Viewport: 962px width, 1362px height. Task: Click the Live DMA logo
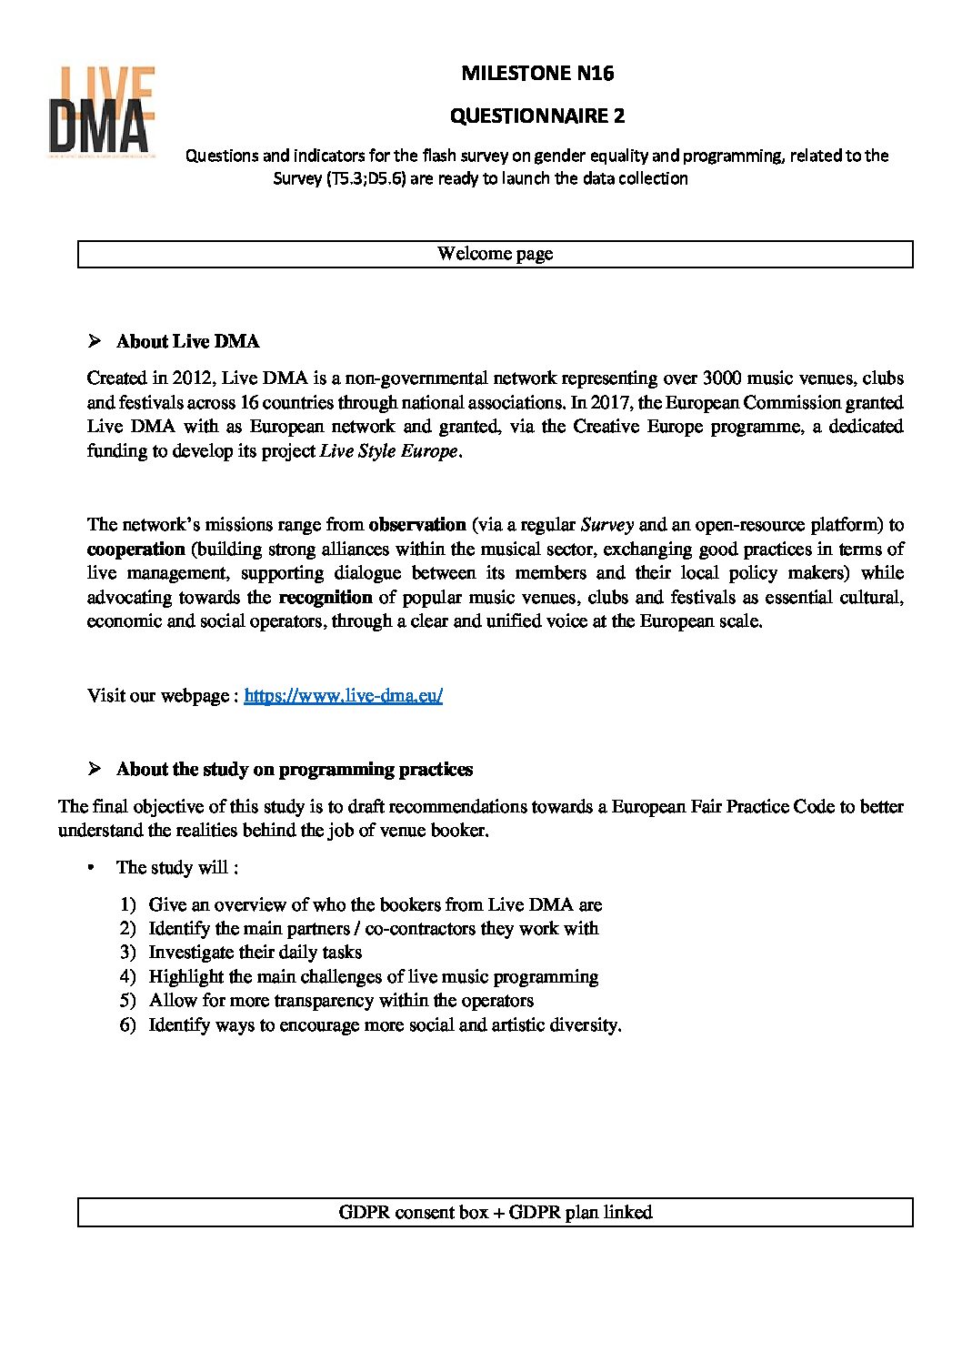tap(101, 110)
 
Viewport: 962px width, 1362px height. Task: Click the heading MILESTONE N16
tap(537, 73)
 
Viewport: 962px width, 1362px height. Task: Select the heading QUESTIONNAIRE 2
tap(537, 116)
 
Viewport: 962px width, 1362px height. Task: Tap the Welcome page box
tap(495, 254)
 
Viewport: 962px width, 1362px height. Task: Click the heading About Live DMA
tap(187, 341)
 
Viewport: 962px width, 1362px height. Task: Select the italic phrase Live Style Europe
tap(389, 451)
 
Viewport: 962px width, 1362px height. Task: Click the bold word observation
tap(417, 524)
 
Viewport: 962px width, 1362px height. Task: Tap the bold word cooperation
tap(135, 549)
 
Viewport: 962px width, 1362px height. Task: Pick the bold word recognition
tap(326, 597)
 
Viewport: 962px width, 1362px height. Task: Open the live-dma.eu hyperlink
tap(343, 695)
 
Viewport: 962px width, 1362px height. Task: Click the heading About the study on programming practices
tap(295, 769)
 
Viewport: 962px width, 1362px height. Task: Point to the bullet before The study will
tap(91, 868)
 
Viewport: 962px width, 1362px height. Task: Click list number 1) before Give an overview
tap(127, 904)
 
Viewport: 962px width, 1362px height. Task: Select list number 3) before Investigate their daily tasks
tap(127, 953)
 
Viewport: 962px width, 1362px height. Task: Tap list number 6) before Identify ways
tap(127, 1024)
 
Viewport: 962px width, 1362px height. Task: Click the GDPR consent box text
tap(495, 1212)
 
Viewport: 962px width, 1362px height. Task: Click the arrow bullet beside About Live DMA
tap(94, 341)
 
